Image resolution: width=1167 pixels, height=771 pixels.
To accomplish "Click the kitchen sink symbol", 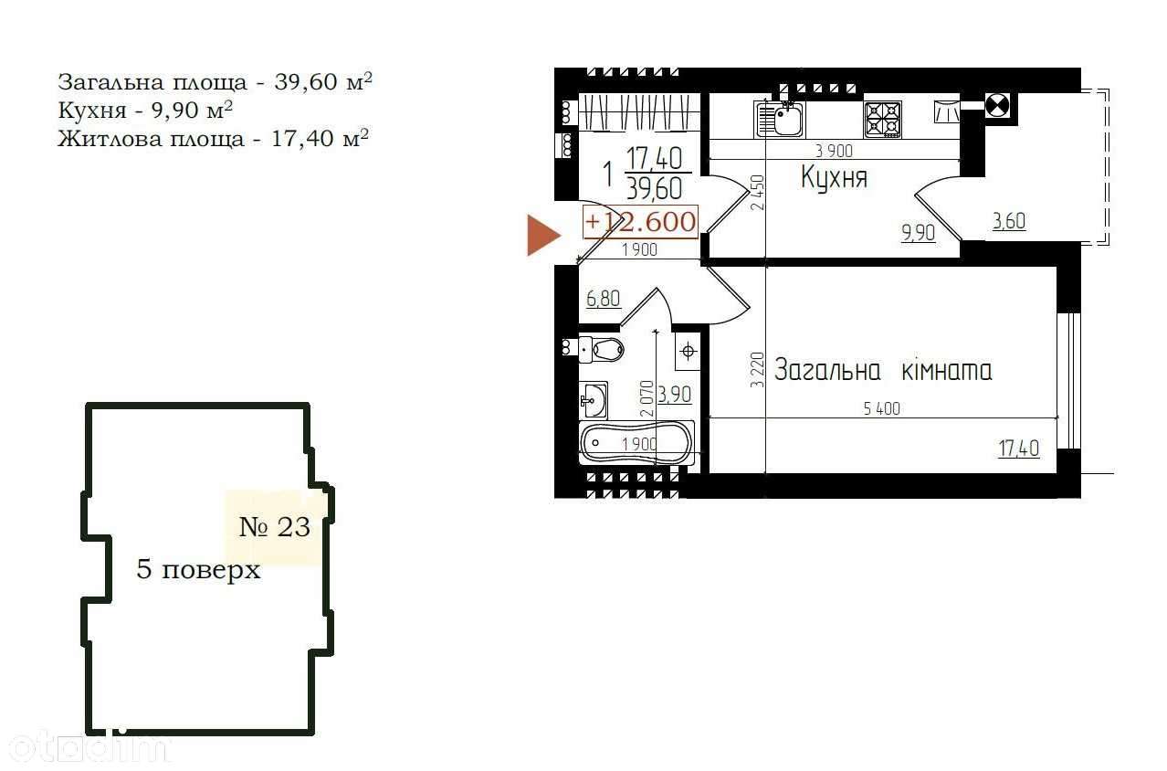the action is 779,120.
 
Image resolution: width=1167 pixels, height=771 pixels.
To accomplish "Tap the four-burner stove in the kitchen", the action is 882,120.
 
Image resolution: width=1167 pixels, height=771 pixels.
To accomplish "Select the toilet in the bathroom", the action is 601,349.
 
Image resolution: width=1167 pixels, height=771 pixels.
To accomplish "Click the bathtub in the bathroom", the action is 636,442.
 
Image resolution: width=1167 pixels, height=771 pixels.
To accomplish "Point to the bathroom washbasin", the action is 594,400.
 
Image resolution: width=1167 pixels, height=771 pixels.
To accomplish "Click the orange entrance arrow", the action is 543,235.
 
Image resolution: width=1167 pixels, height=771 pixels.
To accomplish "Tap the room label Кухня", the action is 834,178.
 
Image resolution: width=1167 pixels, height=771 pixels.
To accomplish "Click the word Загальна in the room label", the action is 827,371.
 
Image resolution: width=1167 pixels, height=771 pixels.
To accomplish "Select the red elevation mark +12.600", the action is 640,222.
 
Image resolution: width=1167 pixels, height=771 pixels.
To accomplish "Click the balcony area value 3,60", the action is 1009,222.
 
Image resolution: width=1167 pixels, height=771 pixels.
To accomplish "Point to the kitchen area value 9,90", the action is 918,233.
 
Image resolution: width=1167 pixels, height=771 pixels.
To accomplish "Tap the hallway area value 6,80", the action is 604,300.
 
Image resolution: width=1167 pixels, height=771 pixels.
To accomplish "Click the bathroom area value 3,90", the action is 675,395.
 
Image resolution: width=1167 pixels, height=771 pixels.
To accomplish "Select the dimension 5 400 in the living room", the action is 881,408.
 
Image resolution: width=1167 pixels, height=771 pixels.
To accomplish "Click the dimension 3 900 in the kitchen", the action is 834,151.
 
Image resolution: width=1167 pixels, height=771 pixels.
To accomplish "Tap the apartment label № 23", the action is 275,527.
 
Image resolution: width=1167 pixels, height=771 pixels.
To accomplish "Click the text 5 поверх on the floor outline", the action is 198,569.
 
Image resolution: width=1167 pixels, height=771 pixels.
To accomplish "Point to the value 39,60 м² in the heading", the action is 323,82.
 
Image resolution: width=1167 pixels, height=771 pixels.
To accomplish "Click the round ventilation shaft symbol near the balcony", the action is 997,106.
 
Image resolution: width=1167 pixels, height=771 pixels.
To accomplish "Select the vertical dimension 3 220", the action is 757,370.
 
